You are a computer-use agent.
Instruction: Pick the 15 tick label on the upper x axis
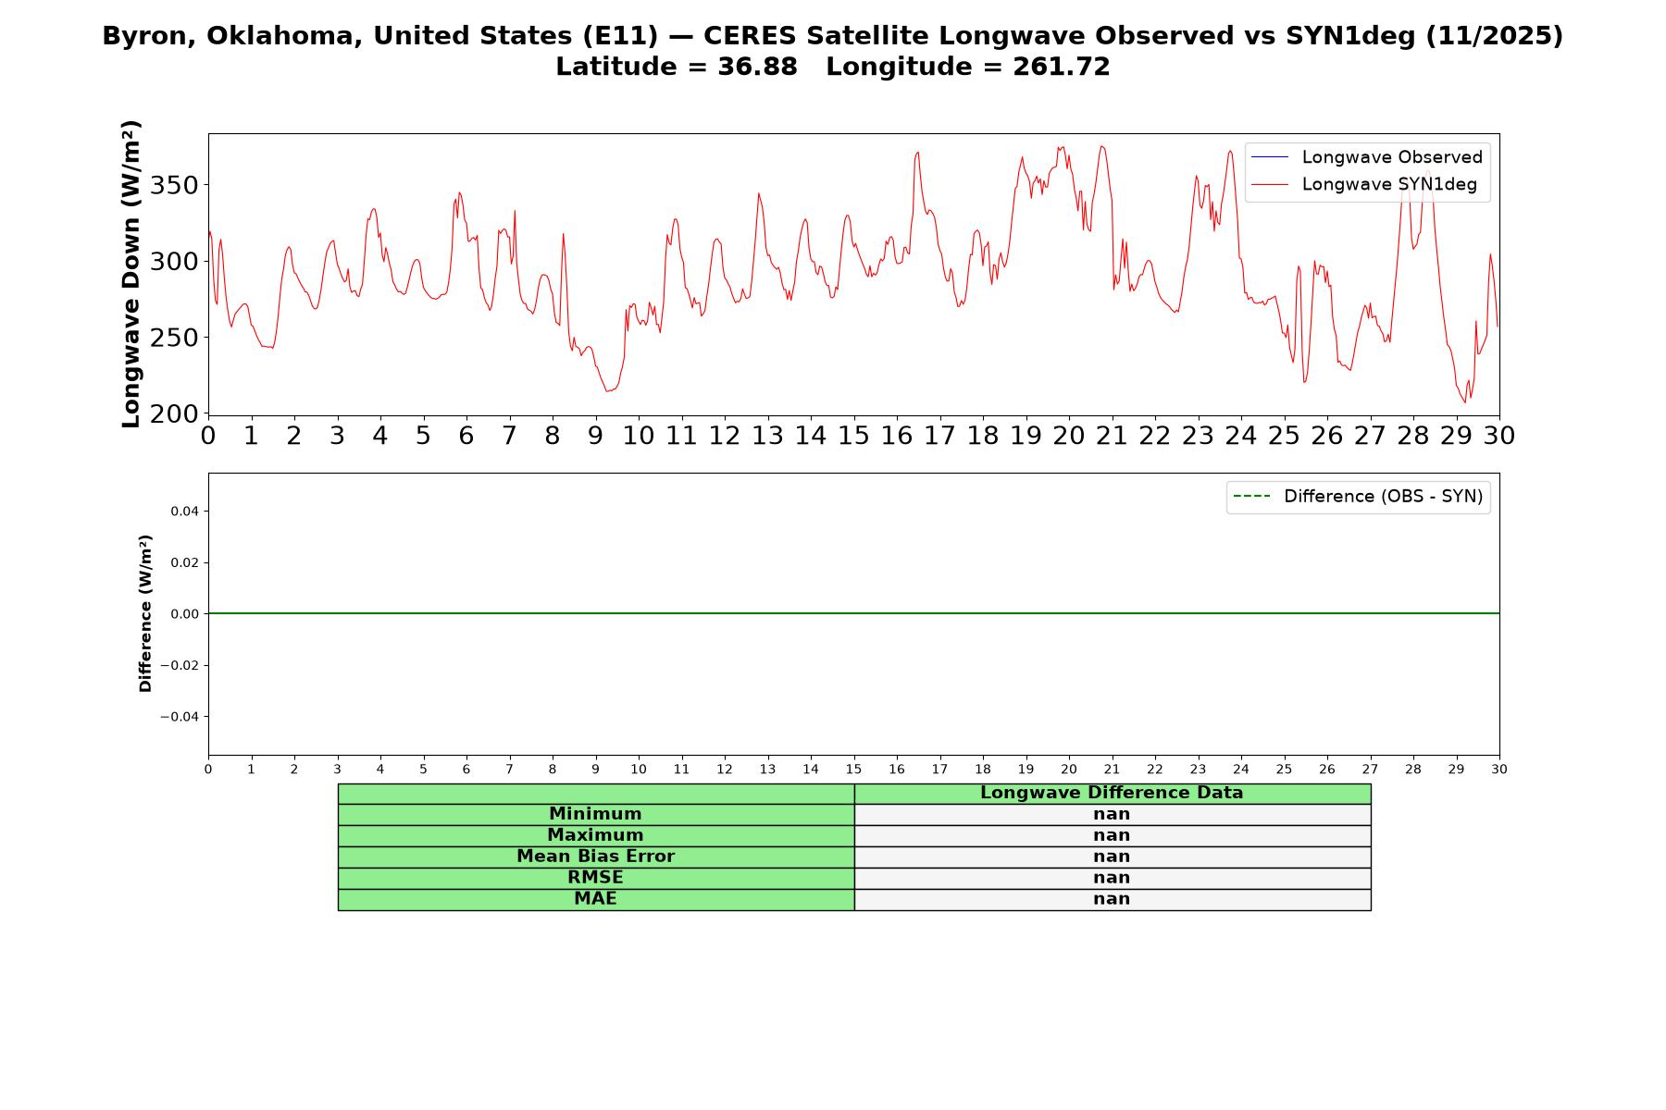pyautogui.click(x=853, y=436)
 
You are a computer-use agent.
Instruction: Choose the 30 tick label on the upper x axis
pyautogui.click(x=1499, y=436)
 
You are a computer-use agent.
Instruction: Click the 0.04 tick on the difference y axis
pyautogui.click(x=184, y=512)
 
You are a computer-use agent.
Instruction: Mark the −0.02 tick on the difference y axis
pyautogui.click(x=180, y=666)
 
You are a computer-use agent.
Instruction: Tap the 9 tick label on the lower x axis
pyautogui.click(x=595, y=769)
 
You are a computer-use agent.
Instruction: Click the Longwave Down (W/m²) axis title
pyautogui.click(x=131, y=274)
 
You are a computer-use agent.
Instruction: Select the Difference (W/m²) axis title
pyautogui.click(x=145, y=613)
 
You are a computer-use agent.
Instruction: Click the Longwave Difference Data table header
pyautogui.click(x=1112, y=793)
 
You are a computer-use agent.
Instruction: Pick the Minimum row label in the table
pyautogui.click(x=595, y=814)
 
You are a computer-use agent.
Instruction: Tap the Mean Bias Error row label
pyautogui.click(x=595, y=857)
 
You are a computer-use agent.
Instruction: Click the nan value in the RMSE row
pyautogui.click(x=1112, y=878)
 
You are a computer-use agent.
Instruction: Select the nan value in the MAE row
pyautogui.click(x=1112, y=899)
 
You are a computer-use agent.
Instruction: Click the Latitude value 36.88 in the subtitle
pyautogui.click(x=757, y=67)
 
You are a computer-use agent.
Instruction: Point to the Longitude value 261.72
pyautogui.click(x=1061, y=67)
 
